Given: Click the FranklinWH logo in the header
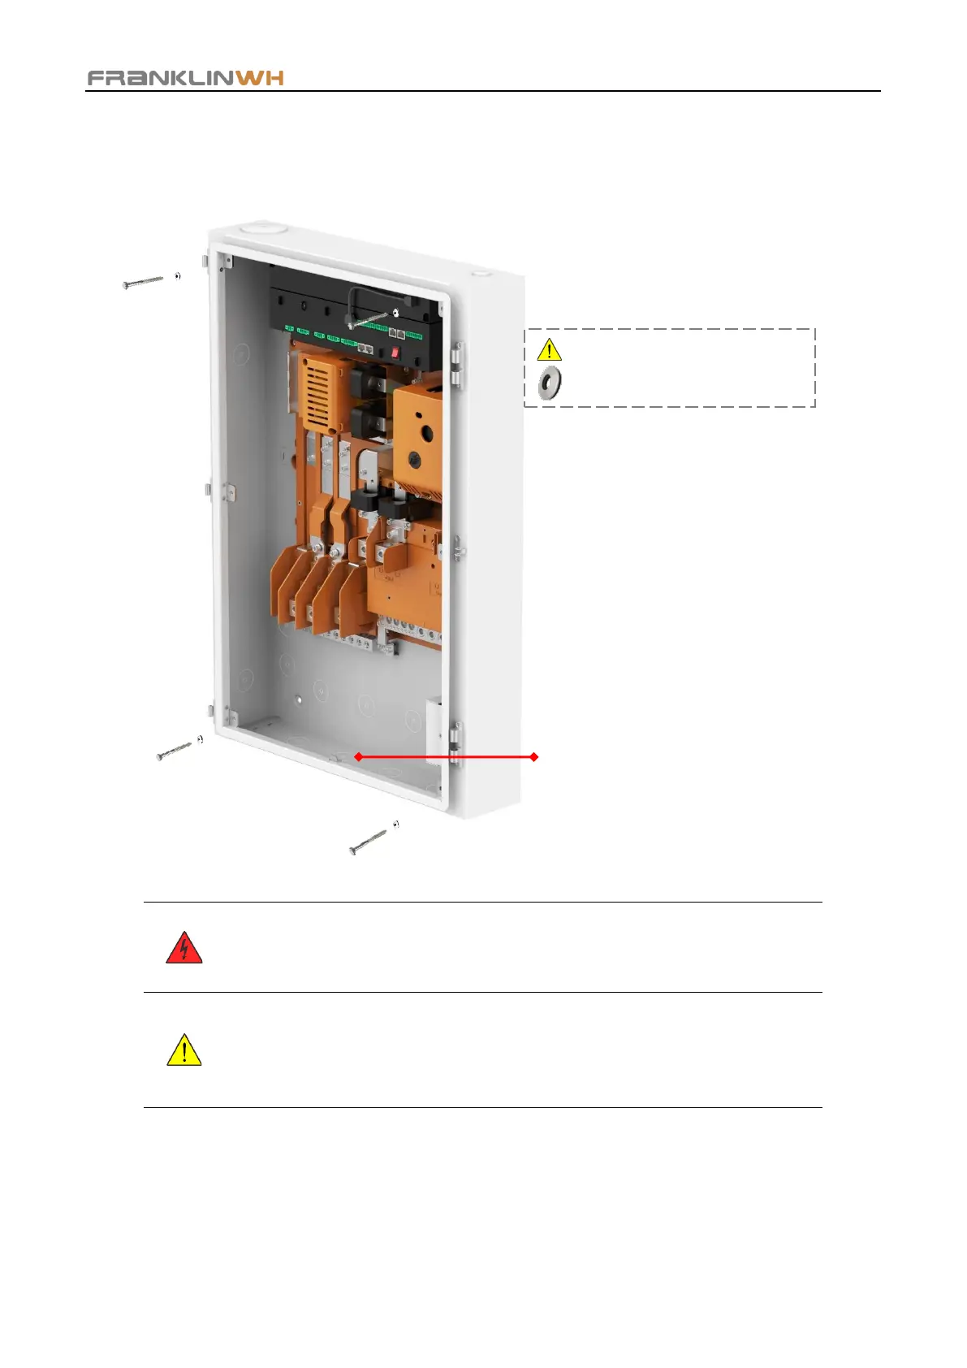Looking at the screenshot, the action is [x=185, y=78].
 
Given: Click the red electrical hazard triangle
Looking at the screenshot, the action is [x=183, y=949].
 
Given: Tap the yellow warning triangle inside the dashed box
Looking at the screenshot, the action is [x=550, y=350].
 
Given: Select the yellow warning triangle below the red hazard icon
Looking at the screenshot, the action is [x=184, y=1050].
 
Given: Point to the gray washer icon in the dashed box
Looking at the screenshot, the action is [x=550, y=383].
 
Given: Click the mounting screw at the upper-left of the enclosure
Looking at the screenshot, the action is [x=144, y=282].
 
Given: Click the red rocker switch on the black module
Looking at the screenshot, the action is [x=395, y=353].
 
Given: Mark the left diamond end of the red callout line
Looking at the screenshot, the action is [x=358, y=757].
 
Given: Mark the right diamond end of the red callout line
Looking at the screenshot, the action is [x=533, y=757].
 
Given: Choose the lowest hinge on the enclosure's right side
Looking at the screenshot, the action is [x=455, y=742].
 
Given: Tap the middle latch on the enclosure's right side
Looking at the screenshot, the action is [x=458, y=548].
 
